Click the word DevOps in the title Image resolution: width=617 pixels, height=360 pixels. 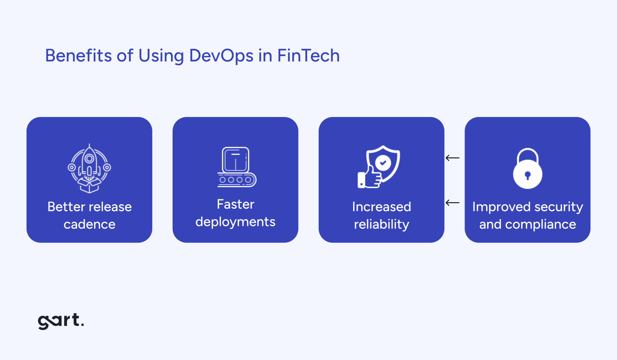pyautogui.click(x=221, y=56)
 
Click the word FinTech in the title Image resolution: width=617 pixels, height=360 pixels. pyautogui.click(x=308, y=56)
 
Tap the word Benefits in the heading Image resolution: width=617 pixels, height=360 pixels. pyautogui.click(x=78, y=56)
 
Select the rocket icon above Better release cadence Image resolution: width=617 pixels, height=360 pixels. pyautogui.click(x=89, y=168)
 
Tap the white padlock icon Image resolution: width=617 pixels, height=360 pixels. pyautogui.click(x=528, y=169)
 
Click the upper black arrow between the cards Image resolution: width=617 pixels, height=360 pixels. pyautogui.click(x=453, y=158)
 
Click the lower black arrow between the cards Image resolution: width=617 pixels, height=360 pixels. pyautogui.click(x=453, y=203)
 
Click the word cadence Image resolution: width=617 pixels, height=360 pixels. pyautogui.click(x=89, y=224)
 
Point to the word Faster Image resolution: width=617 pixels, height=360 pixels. pyautogui.click(x=236, y=204)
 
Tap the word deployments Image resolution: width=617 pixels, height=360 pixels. pyautogui.click(x=235, y=222)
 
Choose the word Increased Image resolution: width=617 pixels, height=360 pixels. pyautogui.click(x=381, y=207)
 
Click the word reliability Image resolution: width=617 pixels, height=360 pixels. pyautogui.click(x=381, y=224)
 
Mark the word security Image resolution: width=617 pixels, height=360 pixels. pyautogui.click(x=559, y=207)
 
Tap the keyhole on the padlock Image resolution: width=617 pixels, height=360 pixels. pyautogui.click(x=528, y=175)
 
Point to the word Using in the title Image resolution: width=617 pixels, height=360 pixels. pyautogui.click(x=161, y=56)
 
